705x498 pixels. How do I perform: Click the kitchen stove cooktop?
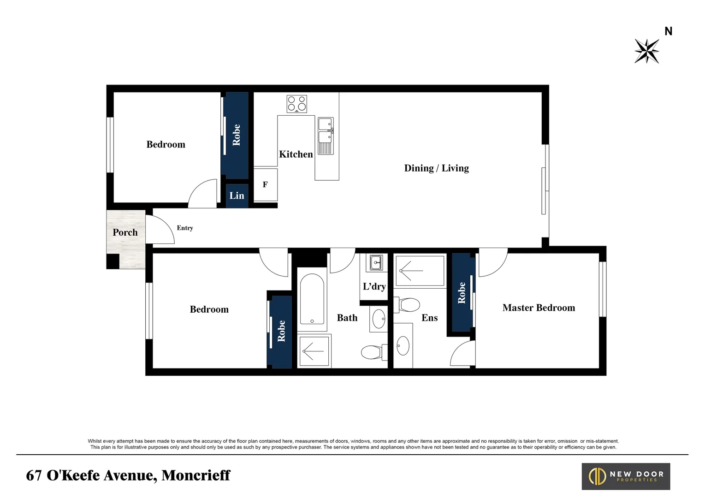click(296, 104)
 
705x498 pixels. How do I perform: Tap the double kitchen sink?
click(326, 136)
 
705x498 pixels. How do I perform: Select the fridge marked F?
click(265, 185)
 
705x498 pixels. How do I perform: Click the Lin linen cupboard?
click(237, 196)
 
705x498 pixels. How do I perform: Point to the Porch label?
click(125, 232)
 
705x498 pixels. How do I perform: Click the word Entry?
click(185, 228)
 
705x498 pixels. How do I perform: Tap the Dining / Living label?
click(436, 168)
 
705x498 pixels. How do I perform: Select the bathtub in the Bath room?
click(312, 299)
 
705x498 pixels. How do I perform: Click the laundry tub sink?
click(376, 262)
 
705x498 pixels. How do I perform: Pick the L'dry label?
click(374, 286)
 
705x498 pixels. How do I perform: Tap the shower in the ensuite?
click(420, 271)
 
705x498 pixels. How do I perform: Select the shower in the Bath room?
click(314, 351)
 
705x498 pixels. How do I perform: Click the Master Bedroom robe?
click(463, 292)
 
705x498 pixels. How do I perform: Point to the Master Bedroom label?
click(539, 308)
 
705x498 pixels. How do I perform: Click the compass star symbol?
click(646, 51)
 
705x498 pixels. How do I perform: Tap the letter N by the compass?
click(668, 31)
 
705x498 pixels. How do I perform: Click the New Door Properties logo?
click(626, 476)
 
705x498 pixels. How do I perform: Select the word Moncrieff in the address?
click(196, 475)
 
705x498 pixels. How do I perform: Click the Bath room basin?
click(379, 319)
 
